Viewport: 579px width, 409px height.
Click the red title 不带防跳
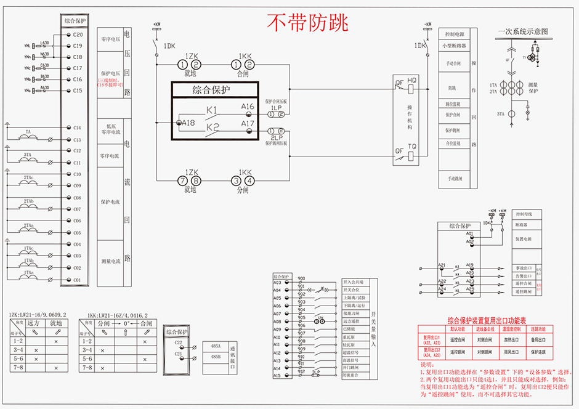tap(307, 23)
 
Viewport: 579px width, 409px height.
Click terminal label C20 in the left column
tap(78, 35)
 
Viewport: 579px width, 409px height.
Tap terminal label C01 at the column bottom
tap(77, 280)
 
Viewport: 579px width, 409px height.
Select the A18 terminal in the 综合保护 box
tap(188, 123)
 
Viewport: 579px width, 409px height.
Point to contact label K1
tap(212, 110)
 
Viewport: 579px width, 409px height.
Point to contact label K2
tap(213, 128)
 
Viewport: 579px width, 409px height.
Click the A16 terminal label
tap(248, 107)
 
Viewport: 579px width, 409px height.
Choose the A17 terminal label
tap(248, 124)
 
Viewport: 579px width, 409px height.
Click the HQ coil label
tap(412, 81)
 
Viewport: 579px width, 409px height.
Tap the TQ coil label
tap(412, 147)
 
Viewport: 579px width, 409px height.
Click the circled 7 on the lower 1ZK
tap(182, 180)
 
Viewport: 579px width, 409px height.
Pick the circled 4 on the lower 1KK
tap(249, 180)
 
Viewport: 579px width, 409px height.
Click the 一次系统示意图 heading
tap(522, 31)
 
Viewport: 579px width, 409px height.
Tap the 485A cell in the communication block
tap(216, 346)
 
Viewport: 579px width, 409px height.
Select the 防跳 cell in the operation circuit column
tap(451, 88)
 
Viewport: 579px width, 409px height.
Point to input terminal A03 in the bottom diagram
tap(277, 282)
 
